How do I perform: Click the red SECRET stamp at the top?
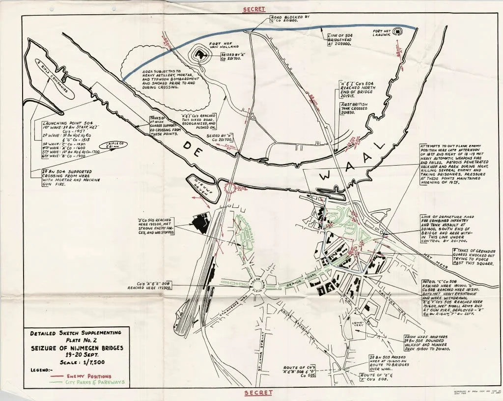pos(254,9)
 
